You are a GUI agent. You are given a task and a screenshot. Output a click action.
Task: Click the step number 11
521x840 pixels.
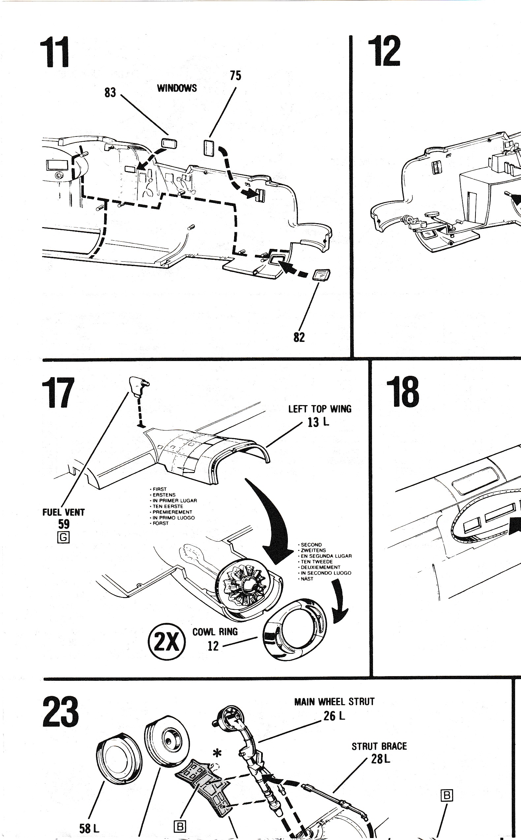[x=54, y=52]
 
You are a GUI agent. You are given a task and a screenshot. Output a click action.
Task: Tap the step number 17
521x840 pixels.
[x=58, y=392]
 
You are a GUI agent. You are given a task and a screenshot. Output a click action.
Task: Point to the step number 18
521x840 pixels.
[x=403, y=392]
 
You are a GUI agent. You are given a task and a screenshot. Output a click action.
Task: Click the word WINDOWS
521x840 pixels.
[x=177, y=88]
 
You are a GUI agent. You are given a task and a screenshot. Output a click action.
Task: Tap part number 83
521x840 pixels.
[x=110, y=93]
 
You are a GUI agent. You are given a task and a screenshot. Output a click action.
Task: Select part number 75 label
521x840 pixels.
[x=236, y=76]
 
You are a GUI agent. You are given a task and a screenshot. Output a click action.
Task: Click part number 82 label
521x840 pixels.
[x=299, y=337]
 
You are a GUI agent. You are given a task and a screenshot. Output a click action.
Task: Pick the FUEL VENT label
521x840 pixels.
[x=63, y=512]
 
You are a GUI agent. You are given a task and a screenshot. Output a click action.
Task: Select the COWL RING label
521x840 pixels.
[x=215, y=632]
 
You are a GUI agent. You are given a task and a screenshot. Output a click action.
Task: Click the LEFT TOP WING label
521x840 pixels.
[x=320, y=409]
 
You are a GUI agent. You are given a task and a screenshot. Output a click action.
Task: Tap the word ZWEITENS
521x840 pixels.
[x=313, y=550]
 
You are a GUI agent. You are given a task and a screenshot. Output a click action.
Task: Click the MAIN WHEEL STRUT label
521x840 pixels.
[x=334, y=702]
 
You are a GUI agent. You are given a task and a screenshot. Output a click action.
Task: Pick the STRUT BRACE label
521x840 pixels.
[x=379, y=746]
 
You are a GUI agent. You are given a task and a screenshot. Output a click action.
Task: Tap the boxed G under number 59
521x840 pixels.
[x=63, y=537]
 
